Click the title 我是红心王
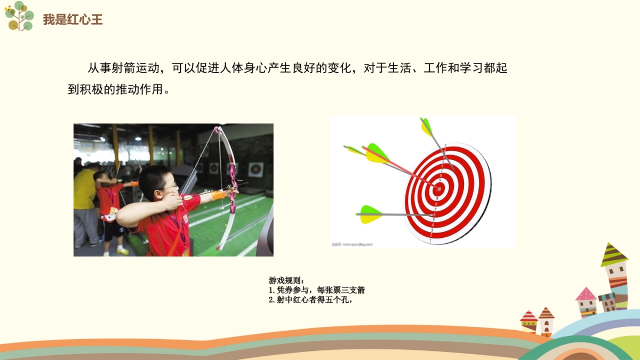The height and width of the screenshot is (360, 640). pyautogui.click(x=73, y=20)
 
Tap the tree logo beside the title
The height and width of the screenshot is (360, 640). pyautogui.click(x=19, y=15)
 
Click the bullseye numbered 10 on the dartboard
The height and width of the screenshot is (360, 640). pyautogui.click(x=439, y=189)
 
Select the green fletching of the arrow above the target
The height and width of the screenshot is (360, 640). pyautogui.click(x=427, y=127)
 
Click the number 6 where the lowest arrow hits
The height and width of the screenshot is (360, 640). pyautogui.click(x=434, y=214)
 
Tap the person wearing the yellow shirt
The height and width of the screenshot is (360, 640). pyautogui.click(x=84, y=192)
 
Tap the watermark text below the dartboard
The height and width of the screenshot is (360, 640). pyautogui.click(x=352, y=244)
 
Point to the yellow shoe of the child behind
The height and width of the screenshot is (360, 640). pyautogui.click(x=123, y=251)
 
